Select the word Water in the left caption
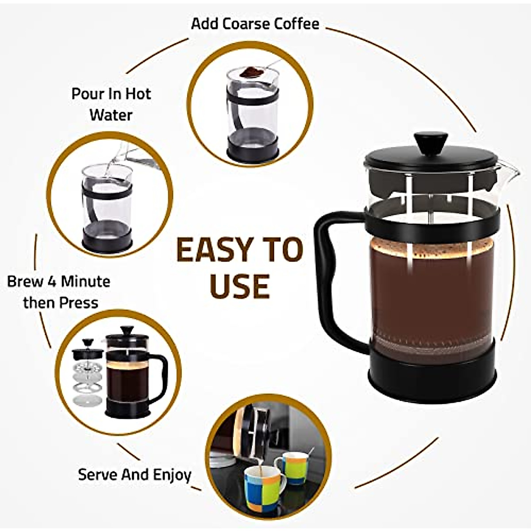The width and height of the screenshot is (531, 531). (x=111, y=115)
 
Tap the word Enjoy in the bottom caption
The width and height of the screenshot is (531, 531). (x=172, y=475)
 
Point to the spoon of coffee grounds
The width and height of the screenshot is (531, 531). (x=254, y=71)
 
